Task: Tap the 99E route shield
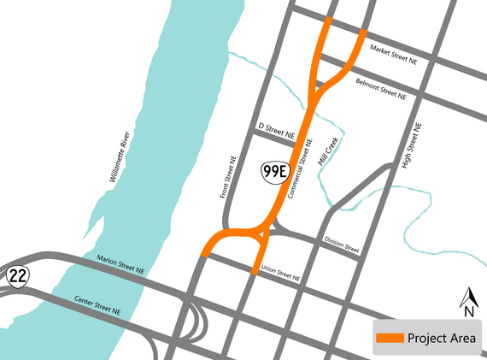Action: coord(274,172)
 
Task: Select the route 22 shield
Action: coord(17,276)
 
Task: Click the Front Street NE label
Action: coord(228,177)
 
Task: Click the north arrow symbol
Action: coord(468,297)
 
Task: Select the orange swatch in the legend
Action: coord(390,339)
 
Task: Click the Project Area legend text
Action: coord(441,339)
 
